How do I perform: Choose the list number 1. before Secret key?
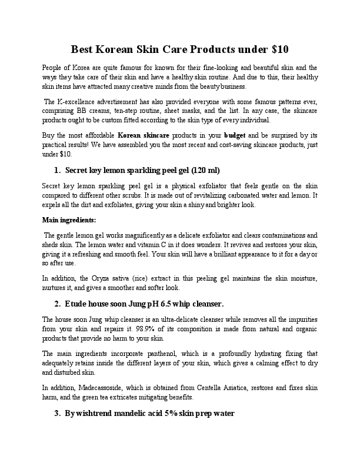click(58, 171)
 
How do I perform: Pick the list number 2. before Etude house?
click(58, 304)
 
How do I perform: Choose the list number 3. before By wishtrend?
click(58, 413)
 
